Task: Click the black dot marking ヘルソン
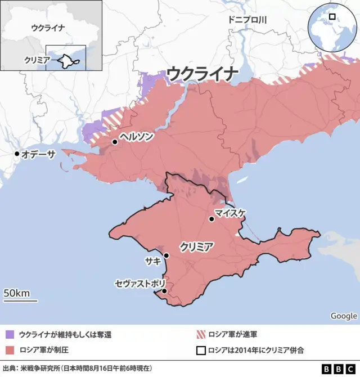115,142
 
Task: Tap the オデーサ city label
40,154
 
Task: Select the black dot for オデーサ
17,154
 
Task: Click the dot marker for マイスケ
211,219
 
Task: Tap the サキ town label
152,261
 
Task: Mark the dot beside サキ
166,256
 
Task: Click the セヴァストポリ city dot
164,291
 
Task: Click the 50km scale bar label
17,293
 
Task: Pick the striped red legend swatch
200,334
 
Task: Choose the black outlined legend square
200,350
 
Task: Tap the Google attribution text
343,316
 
